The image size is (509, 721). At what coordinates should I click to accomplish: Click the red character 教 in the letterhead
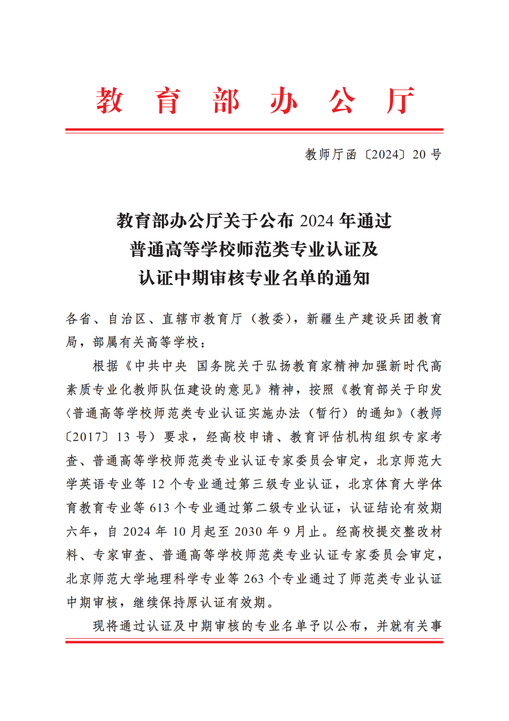[x=109, y=101]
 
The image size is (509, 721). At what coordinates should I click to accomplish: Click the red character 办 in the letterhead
[x=284, y=101]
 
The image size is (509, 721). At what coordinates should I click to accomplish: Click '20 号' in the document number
[x=427, y=154]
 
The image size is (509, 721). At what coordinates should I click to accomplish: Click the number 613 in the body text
[x=159, y=508]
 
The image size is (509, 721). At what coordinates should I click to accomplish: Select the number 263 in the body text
[x=253, y=579]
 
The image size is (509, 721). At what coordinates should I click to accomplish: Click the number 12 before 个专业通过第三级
[x=158, y=485]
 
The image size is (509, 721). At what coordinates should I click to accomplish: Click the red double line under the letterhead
[x=254, y=131]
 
